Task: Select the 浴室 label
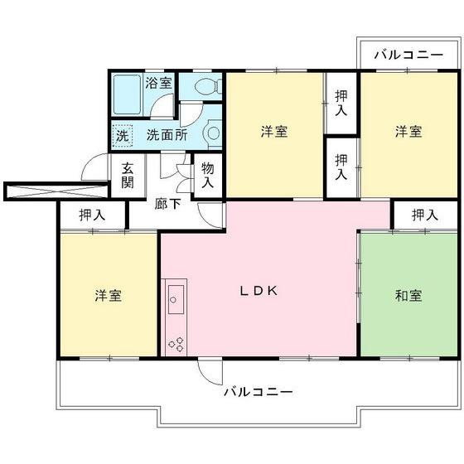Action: point(158,84)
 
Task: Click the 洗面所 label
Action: point(167,134)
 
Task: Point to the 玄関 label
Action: point(128,175)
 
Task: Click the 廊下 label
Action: point(168,203)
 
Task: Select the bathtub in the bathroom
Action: point(127,95)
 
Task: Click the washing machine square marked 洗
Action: point(122,134)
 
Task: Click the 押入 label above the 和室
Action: point(424,215)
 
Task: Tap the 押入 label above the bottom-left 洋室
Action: point(92,215)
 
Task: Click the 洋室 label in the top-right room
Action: point(408,132)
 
